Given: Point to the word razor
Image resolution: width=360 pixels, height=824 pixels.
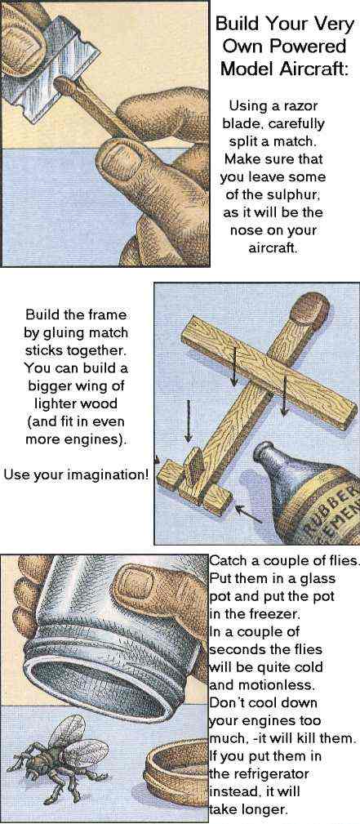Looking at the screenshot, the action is (x=301, y=106).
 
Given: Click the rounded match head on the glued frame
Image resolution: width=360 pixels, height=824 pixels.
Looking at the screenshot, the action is (x=310, y=310).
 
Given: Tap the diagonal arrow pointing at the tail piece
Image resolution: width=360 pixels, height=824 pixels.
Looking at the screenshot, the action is (x=249, y=514).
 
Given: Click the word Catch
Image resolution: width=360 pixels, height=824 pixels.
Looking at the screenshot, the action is (x=226, y=560).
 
